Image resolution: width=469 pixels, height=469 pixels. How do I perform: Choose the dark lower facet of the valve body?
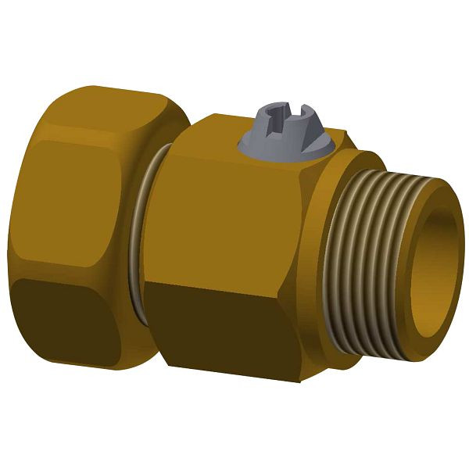[227, 328]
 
